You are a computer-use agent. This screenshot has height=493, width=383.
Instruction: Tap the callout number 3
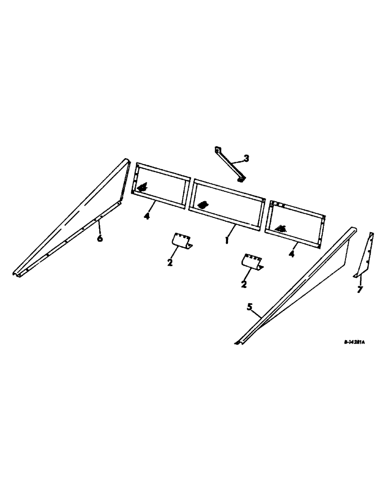(x=246, y=158)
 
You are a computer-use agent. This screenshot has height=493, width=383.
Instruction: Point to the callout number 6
(x=100, y=239)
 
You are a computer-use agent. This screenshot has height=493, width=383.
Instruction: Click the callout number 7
(x=360, y=289)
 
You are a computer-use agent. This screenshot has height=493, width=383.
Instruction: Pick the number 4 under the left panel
(x=147, y=216)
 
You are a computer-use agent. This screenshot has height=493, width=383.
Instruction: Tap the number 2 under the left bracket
(x=170, y=262)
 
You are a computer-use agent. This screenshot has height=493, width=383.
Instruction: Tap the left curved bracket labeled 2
(x=182, y=240)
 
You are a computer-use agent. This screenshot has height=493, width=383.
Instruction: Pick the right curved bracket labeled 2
(x=252, y=261)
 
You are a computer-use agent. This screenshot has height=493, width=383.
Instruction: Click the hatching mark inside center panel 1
(x=202, y=204)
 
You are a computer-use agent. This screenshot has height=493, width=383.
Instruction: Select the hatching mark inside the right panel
(x=282, y=228)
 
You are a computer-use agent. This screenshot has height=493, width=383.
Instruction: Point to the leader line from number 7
(x=360, y=281)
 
